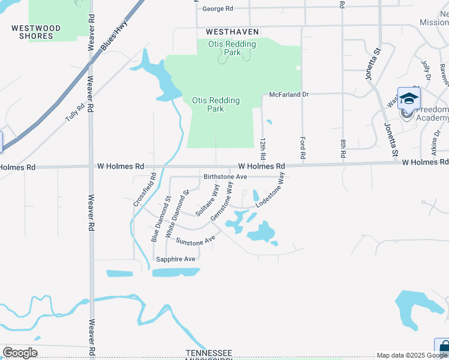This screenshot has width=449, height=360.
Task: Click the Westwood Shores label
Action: point(36,32)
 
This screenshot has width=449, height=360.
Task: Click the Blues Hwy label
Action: point(109,37)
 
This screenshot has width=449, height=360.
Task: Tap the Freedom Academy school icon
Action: point(409,98)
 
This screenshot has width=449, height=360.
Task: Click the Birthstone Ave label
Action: point(225,177)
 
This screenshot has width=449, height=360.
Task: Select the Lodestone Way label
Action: point(270,191)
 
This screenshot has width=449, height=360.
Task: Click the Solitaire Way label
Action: point(207,196)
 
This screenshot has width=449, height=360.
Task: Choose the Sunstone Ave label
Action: point(195,240)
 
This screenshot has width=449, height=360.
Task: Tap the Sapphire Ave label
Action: point(176,259)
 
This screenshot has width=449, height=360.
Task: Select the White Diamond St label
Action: point(178,212)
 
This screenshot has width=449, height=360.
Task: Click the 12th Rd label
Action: point(262,147)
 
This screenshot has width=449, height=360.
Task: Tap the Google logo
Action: point(20,353)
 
